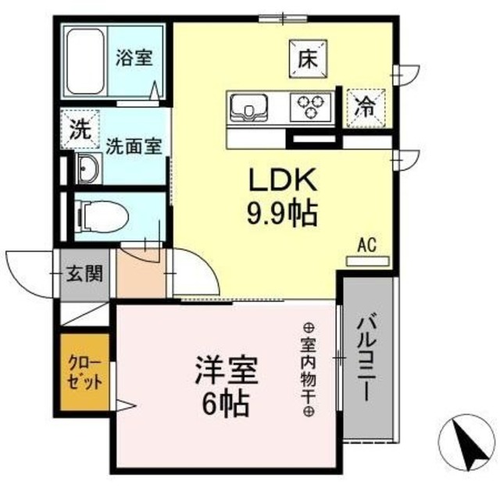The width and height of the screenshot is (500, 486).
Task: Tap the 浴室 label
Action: pyautogui.click(x=134, y=57)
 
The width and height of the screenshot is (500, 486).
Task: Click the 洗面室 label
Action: pyautogui.click(x=134, y=146)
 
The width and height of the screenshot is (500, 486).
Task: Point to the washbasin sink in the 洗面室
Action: pyautogui.click(x=87, y=167)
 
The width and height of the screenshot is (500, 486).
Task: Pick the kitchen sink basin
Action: pyautogui.click(x=248, y=106)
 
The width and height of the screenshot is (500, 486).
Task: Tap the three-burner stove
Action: pyautogui.click(x=312, y=106)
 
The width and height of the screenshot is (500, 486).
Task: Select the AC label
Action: pyautogui.click(x=366, y=245)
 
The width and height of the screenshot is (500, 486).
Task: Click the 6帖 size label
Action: pyautogui.click(x=221, y=405)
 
